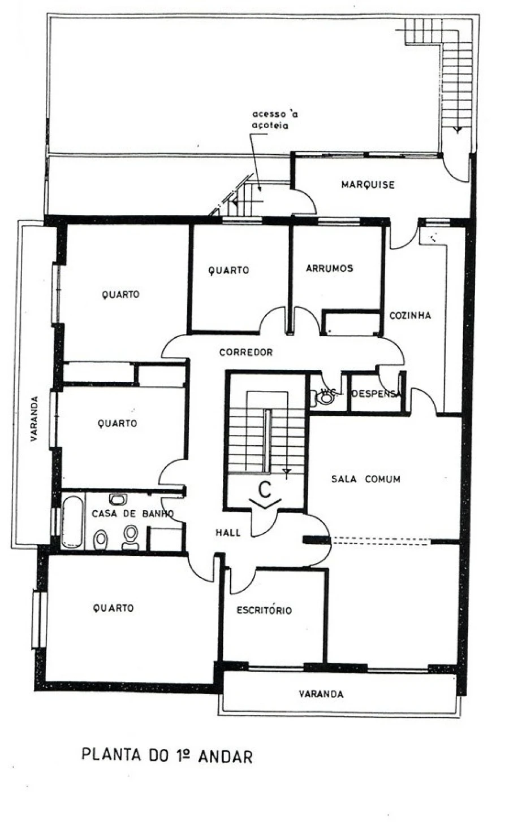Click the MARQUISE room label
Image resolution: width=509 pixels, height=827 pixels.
(368, 185)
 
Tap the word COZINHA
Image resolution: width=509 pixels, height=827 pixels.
(410, 315)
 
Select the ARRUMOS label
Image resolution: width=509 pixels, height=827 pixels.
(329, 268)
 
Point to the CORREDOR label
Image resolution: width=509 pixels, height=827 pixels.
(246, 352)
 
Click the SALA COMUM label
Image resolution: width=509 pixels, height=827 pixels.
(365, 479)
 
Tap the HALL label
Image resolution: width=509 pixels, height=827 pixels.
(228, 532)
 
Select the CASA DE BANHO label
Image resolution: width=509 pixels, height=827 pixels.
(133, 513)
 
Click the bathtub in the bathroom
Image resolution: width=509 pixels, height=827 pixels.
(72, 522)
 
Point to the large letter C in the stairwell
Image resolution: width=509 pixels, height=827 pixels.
(264, 490)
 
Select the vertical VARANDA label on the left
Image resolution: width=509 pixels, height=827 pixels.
(34, 419)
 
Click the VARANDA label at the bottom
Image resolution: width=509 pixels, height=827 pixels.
(321, 694)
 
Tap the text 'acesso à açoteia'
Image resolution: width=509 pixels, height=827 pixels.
(274, 120)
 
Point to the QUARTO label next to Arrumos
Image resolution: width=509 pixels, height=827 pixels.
(229, 271)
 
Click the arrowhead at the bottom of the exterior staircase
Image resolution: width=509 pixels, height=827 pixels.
(458, 129)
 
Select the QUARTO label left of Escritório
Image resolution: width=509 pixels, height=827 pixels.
(113, 608)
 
